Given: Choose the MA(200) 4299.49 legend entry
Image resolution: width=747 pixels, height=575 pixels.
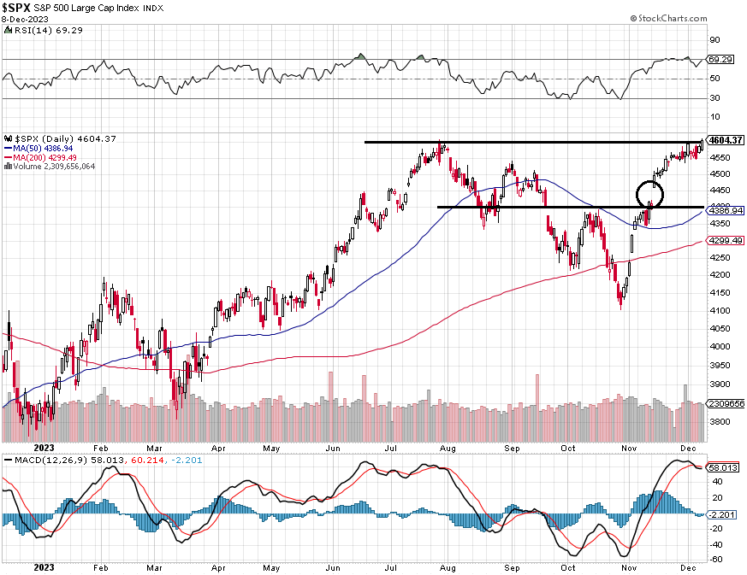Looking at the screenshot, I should point(47,157).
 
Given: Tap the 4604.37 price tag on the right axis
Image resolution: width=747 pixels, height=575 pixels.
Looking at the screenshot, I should point(725,140).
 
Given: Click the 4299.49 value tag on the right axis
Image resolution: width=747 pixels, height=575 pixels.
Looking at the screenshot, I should point(724,240).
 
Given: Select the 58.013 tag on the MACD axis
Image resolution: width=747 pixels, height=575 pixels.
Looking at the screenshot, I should point(725,468).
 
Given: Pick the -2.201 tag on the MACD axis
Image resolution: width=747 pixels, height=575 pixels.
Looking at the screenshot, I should point(725,514).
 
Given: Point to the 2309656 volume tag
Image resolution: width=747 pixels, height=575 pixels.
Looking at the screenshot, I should point(724,402).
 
